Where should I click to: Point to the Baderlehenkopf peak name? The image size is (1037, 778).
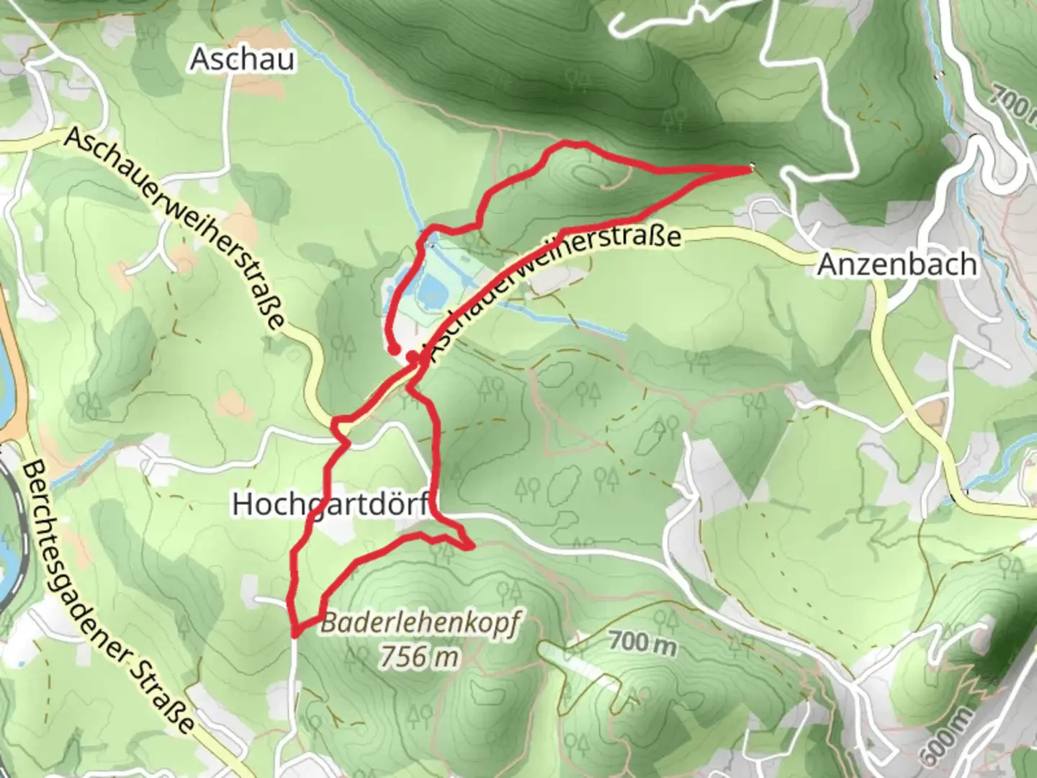[x=419, y=624]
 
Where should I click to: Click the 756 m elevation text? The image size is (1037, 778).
[x=419, y=656]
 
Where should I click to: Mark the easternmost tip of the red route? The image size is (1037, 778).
[x=750, y=168]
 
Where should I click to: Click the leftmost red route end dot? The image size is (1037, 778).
[x=394, y=350]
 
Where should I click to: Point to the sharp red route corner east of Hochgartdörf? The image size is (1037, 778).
[x=470, y=547]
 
